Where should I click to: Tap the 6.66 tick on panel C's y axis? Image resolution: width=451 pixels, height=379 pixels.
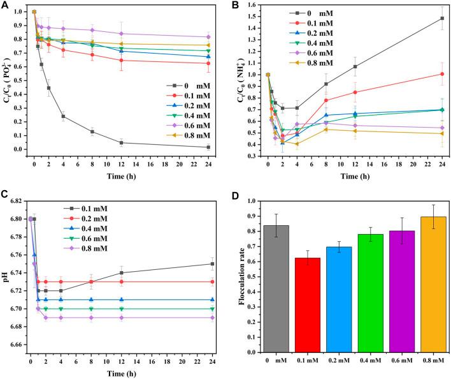tap(17, 345)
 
